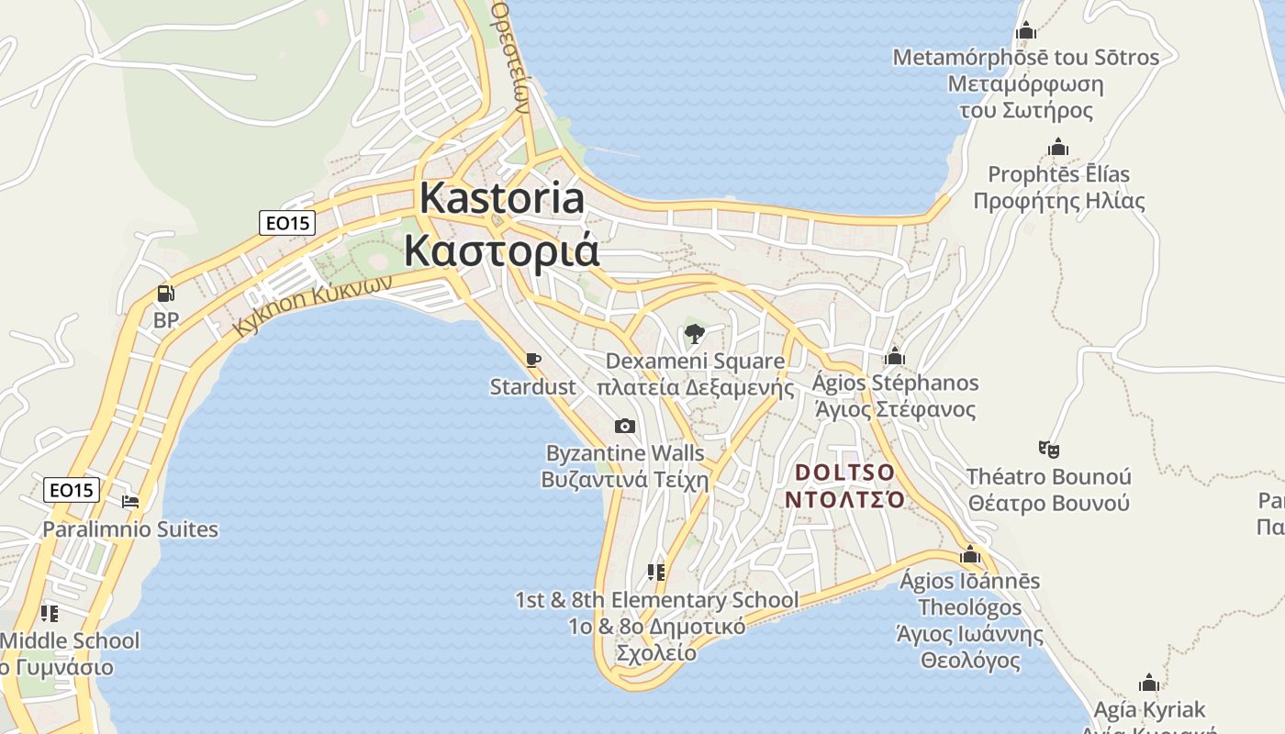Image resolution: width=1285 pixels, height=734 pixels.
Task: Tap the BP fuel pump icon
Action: click(x=165, y=295)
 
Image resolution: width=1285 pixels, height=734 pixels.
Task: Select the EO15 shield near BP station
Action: click(x=286, y=222)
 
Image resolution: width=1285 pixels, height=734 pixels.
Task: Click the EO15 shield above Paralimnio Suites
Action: click(x=72, y=490)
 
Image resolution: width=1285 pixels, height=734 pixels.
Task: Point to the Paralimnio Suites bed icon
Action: click(x=130, y=502)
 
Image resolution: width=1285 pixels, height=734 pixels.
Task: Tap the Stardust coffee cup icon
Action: click(x=532, y=360)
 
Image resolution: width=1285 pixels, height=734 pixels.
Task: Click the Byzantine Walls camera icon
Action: click(x=624, y=426)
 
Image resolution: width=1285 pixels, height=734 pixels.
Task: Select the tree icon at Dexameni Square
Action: click(x=695, y=334)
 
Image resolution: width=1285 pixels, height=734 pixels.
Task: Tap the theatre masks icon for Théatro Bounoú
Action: click(x=1049, y=450)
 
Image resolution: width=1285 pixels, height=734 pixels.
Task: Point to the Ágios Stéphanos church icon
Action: click(x=895, y=356)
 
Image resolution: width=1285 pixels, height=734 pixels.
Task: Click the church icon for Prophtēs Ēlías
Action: click(x=1058, y=147)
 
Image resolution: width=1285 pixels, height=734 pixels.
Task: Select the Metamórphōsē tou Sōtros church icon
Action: click(x=1026, y=31)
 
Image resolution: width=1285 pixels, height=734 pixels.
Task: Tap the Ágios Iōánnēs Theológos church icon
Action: click(x=970, y=554)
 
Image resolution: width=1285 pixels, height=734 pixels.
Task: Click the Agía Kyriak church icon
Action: click(x=1148, y=683)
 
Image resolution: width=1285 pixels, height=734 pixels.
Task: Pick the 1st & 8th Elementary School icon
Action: click(x=655, y=573)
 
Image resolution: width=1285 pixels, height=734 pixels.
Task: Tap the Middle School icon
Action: click(x=50, y=613)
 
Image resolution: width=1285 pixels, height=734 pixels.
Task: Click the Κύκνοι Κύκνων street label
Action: click(x=312, y=306)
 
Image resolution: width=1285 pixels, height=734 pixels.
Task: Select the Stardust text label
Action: click(x=533, y=386)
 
